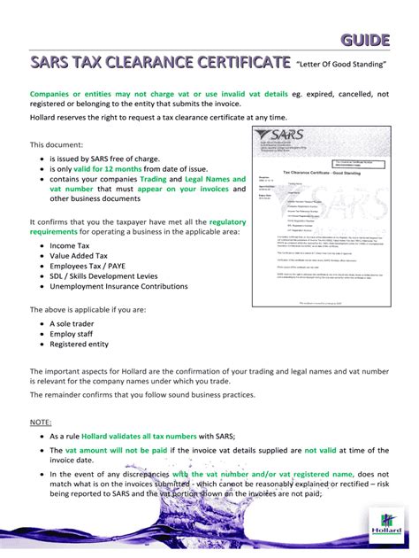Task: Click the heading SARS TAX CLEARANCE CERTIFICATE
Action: coord(160,64)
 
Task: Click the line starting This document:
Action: coord(57,143)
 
